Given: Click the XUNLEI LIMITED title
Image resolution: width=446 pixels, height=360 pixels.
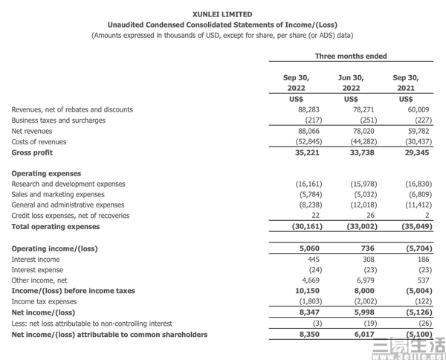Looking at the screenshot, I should tap(222, 14).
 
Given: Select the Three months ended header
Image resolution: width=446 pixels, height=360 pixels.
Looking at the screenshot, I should tap(351, 56).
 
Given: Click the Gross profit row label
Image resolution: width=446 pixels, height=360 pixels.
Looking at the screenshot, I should tap(33, 152).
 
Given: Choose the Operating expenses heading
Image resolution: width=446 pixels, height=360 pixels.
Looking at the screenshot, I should tap(46, 173).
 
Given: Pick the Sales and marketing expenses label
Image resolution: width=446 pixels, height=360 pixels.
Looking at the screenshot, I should tap(59, 195).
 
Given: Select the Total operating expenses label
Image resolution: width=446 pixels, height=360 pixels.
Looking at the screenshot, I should tap(56, 227).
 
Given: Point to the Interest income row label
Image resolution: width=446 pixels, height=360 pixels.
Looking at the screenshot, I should tap(36, 260).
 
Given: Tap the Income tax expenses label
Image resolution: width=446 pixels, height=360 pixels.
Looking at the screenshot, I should tap(44, 302).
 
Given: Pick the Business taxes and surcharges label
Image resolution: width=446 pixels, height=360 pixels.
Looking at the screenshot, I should tap(59, 120).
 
